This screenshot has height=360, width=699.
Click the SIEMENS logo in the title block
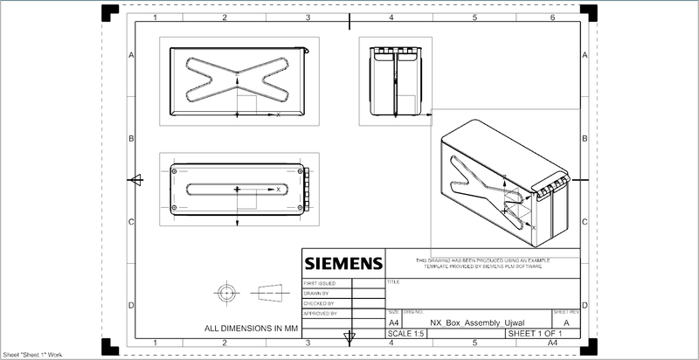point(343,263)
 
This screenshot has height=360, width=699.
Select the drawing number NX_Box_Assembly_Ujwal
point(470,322)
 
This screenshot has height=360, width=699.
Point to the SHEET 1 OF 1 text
point(540,334)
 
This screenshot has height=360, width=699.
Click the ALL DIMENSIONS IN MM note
point(252,329)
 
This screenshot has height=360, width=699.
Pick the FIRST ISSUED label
point(320,284)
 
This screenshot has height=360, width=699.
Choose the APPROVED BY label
point(320,312)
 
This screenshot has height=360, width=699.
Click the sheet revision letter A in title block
point(567,322)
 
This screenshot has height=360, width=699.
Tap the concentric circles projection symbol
point(229,291)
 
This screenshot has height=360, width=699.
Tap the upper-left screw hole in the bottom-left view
point(176,171)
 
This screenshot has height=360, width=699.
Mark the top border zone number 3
point(308,17)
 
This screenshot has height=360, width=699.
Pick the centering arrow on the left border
point(135,180)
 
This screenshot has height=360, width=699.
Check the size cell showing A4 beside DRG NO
point(393,322)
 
